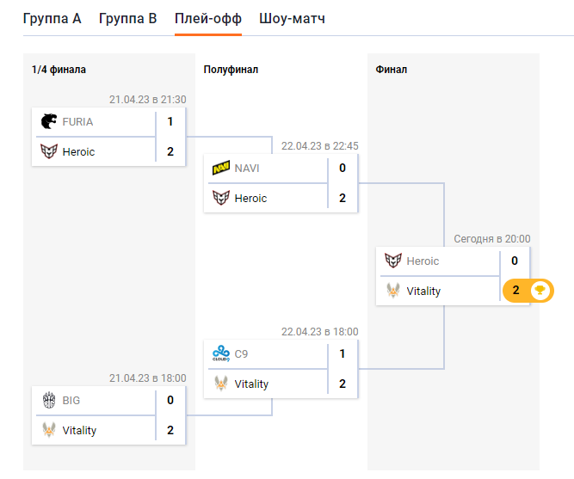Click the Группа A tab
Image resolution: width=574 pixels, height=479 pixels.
pos(52,18)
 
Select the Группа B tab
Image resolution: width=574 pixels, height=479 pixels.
pos(127,18)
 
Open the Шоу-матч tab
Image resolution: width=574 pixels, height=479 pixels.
pos(292,18)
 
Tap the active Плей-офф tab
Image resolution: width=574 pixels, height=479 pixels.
pos(207,18)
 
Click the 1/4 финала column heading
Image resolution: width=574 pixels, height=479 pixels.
pos(59,70)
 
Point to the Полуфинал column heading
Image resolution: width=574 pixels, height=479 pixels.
pos(231,70)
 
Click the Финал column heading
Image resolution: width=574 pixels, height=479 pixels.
pos(392,70)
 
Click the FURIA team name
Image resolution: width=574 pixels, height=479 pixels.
pos(77,122)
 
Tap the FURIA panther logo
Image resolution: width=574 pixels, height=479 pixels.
pos(49,122)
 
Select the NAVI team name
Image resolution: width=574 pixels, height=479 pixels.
pos(247,169)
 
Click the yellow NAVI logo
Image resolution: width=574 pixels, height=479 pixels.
pos(221,169)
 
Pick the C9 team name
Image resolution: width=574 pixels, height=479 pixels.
pos(242,353)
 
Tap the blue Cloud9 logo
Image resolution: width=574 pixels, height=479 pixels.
pos(221,353)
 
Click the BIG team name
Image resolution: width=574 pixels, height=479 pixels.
pos(72,400)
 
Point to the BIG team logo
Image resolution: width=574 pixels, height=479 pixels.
pos(49,400)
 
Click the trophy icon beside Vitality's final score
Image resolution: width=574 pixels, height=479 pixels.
pos(540,291)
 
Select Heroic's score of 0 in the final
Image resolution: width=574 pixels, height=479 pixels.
pos(515,261)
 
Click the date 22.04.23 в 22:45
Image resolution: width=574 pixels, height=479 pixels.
pos(320,146)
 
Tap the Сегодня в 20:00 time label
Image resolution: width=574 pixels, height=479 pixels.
pos(492,239)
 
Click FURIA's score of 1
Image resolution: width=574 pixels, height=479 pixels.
pos(170,122)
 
